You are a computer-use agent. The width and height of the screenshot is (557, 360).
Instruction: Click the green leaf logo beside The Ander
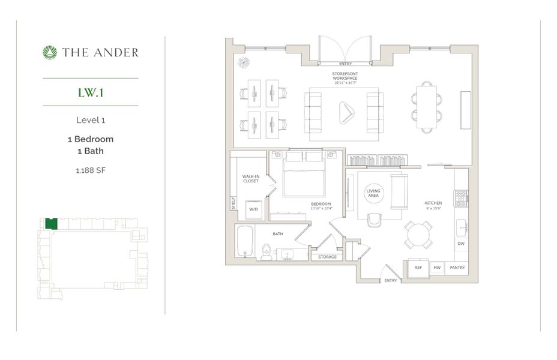tap(50, 53)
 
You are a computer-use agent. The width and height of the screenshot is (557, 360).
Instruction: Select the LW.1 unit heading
tap(91, 92)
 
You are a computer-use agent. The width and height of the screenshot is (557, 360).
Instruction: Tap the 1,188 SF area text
tap(91, 170)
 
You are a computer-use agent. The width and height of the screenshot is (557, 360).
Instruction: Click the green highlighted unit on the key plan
tap(51, 224)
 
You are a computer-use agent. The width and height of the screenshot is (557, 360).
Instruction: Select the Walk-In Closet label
tap(250, 179)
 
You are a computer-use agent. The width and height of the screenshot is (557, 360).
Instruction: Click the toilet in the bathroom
tap(266, 251)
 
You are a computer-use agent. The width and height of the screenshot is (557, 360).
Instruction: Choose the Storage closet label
tap(327, 257)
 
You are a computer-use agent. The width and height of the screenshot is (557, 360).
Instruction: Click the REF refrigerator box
tap(418, 267)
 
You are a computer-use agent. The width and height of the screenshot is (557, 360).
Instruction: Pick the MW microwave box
tap(437, 267)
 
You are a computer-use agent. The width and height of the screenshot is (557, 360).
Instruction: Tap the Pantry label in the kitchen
tap(457, 267)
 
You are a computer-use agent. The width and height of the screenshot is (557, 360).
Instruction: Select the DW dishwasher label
tap(461, 244)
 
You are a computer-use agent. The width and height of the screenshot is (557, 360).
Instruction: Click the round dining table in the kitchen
tap(418, 235)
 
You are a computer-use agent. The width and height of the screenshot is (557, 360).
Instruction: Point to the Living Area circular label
tap(373, 193)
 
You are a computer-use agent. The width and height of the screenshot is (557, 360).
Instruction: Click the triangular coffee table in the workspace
tap(346, 112)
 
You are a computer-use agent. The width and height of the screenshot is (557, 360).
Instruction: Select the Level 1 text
tap(91, 120)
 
